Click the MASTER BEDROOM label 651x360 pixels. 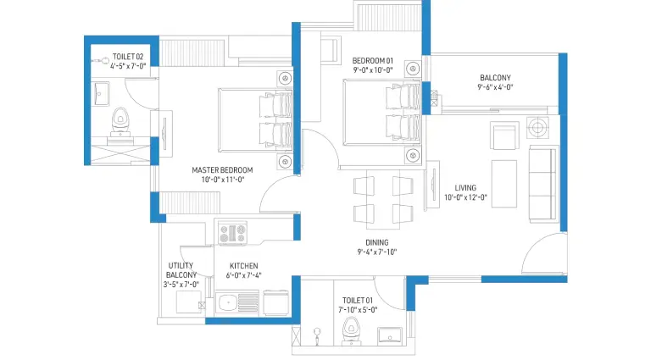coord(222,170)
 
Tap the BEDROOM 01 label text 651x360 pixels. coord(372,60)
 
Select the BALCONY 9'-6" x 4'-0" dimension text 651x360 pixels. coord(495,87)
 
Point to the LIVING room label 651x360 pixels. coord(465,188)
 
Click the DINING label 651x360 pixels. coord(377,242)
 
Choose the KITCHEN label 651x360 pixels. coord(244,266)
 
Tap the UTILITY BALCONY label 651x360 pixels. coord(181,270)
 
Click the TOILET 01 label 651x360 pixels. coord(358,300)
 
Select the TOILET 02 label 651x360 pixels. coord(128,57)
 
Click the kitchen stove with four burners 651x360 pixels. coord(232,233)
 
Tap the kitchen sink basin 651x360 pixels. coord(226,302)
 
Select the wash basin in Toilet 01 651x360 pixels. coord(390,335)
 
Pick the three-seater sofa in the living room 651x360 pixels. coord(543,184)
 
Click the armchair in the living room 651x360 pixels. coord(504,136)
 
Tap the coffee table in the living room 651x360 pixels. coord(504,184)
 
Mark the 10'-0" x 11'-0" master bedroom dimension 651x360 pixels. coord(223,180)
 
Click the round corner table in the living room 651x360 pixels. coord(537,127)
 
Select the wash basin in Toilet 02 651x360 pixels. coord(100,94)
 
